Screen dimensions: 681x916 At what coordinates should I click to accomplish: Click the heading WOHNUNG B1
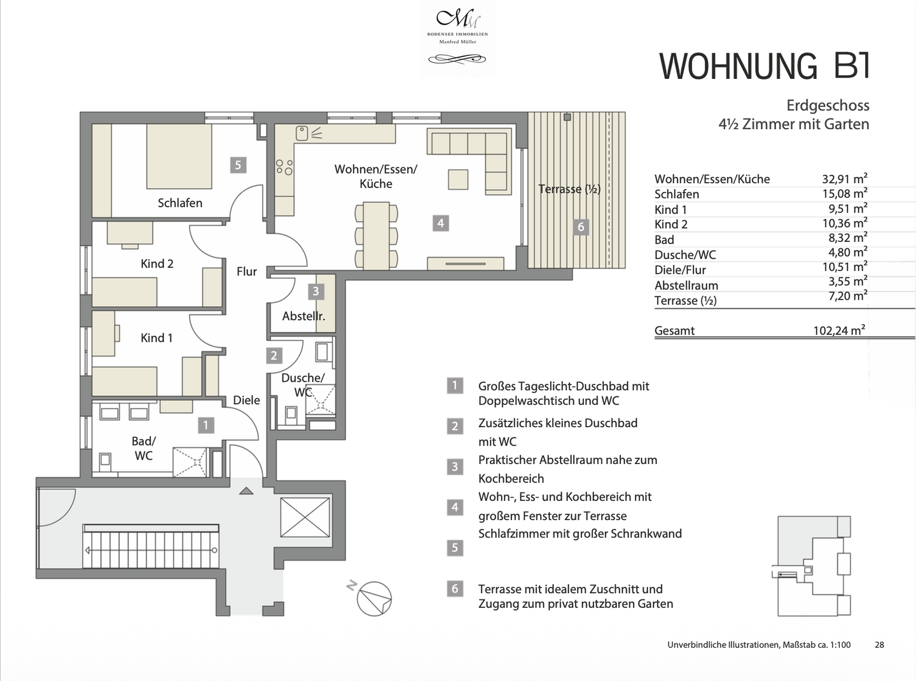[x=764, y=66]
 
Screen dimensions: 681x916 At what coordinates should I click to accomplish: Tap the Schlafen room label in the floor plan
[x=180, y=203]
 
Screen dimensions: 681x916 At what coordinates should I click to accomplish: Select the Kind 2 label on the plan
[x=156, y=263]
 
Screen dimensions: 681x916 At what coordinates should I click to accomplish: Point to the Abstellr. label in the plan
[x=303, y=316]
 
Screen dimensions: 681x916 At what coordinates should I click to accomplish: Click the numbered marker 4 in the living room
[x=440, y=223]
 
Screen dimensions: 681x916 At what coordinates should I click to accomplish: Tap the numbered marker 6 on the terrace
[x=580, y=227]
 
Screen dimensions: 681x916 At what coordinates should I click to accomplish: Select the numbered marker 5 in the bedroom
[x=238, y=165]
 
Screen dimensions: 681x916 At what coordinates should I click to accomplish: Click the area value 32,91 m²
[x=844, y=179]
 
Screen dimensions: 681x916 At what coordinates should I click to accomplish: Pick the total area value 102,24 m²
[x=839, y=330]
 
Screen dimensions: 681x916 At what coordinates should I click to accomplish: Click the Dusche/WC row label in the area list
[x=685, y=255]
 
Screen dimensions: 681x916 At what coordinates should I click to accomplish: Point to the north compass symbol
[x=373, y=599]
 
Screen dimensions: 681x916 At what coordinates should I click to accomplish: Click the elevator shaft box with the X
[x=305, y=517]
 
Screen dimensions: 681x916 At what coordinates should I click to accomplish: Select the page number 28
[x=879, y=645]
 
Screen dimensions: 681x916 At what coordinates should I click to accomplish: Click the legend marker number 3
[x=454, y=467]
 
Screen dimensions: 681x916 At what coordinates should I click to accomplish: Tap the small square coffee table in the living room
[x=458, y=179]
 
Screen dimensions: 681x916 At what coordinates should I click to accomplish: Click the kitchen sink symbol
[x=302, y=133]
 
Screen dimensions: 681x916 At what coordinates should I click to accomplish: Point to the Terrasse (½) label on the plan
[x=569, y=189]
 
